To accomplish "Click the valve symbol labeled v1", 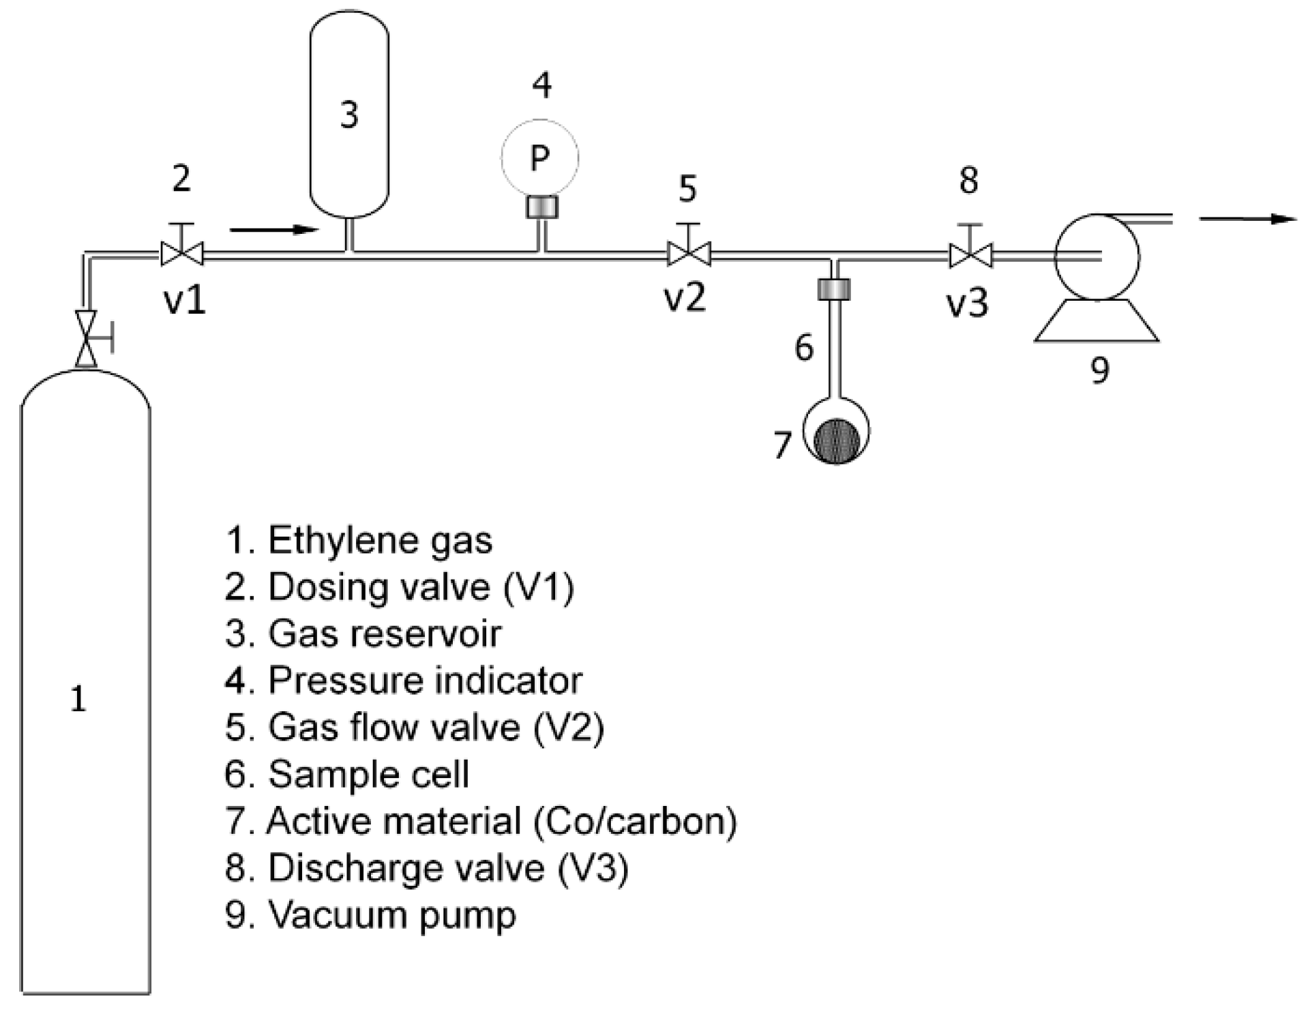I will pyautogui.click(x=181, y=254).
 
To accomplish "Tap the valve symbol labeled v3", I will pyautogui.click(x=970, y=256).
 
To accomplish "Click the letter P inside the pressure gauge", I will pyautogui.click(x=539, y=158).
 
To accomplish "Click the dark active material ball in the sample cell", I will pyautogui.click(x=836, y=440).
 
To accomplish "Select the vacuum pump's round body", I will pyautogui.click(x=1097, y=256).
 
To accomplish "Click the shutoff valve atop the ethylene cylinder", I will pyautogui.click(x=87, y=339).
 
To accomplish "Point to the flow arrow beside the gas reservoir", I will pyautogui.click(x=275, y=230).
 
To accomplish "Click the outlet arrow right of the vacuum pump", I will pyautogui.click(x=1248, y=219).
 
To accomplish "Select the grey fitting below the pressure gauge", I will pyautogui.click(x=542, y=207).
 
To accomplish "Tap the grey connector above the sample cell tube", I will pyautogui.click(x=833, y=289).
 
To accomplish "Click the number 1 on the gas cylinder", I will pyautogui.click(x=78, y=699).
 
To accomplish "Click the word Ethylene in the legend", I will pyautogui.click(x=342, y=541).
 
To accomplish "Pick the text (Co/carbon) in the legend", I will pyautogui.click(x=636, y=821).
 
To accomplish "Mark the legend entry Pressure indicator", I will pyautogui.click(x=404, y=681).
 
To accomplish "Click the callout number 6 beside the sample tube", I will pyautogui.click(x=804, y=348).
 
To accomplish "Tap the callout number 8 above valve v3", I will pyautogui.click(x=968, y=181).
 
